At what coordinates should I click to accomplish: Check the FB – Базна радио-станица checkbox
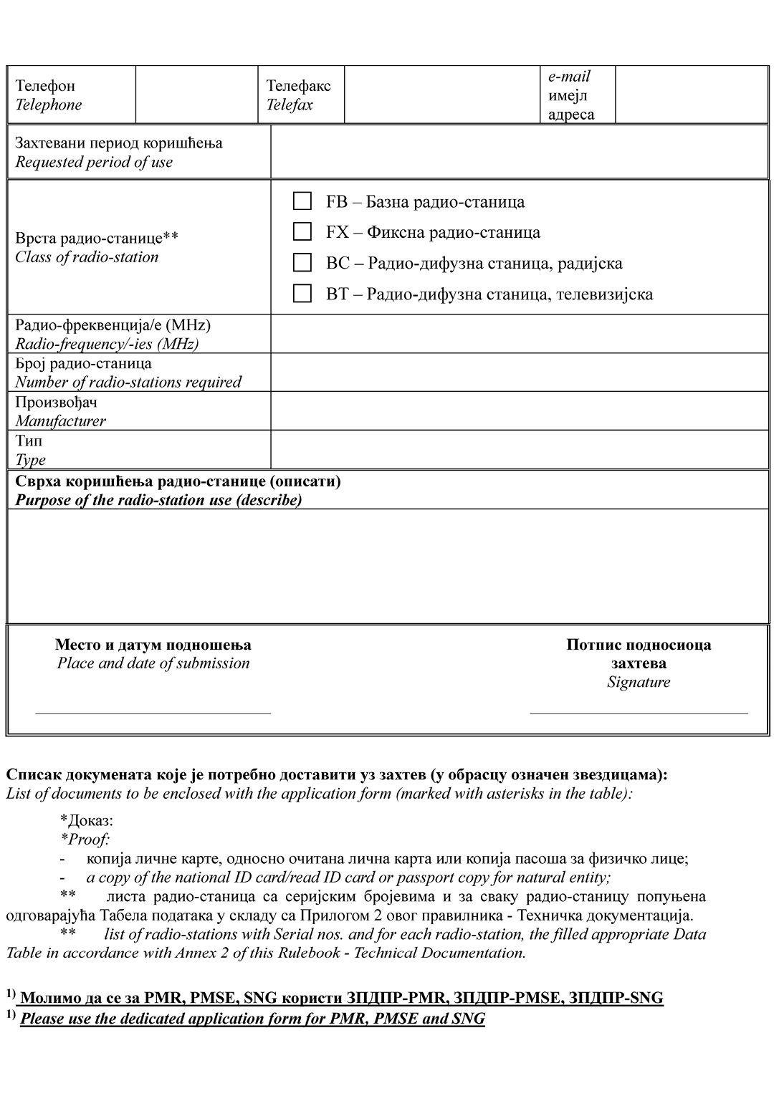[302, 201]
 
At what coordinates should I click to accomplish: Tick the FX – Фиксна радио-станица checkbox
[302, 232]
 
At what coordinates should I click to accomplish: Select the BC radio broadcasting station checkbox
[302, 263]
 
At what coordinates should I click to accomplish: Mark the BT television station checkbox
[302, 294]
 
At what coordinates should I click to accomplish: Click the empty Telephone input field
[196, 95]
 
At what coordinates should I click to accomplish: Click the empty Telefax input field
[441, 95]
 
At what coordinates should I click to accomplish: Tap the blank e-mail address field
[691, 95]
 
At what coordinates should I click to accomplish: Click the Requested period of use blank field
[519, 152]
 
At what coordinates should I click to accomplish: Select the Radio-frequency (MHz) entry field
[519, 334]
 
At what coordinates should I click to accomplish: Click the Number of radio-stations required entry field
[519, 372]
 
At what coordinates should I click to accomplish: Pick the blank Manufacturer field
[519, 410]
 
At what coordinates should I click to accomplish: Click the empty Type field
[519, 449]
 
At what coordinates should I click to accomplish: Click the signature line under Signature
[638, 711]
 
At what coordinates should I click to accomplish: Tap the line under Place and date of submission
[153, 711]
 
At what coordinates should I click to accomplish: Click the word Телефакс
[299, 86]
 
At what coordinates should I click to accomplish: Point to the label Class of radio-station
[87, 257]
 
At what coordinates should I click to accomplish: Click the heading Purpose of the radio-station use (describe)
[158, 500]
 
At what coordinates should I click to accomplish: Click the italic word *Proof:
[85, 840]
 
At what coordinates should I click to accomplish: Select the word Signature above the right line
[639, 682]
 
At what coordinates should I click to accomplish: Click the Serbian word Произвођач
[57, 402]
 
